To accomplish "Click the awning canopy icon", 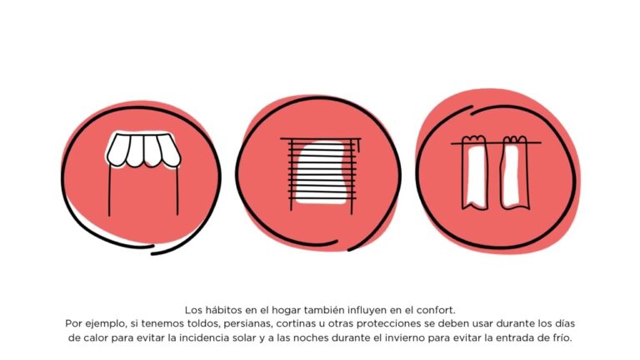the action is [143, 150].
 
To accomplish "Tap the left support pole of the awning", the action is [109, 190].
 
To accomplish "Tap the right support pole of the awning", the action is [177, 190].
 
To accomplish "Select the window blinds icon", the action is [321, 174].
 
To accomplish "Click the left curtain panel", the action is [475, 172].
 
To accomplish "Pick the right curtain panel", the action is [515, 172].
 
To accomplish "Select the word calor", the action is [96, 338].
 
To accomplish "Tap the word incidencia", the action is [202, 338].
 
